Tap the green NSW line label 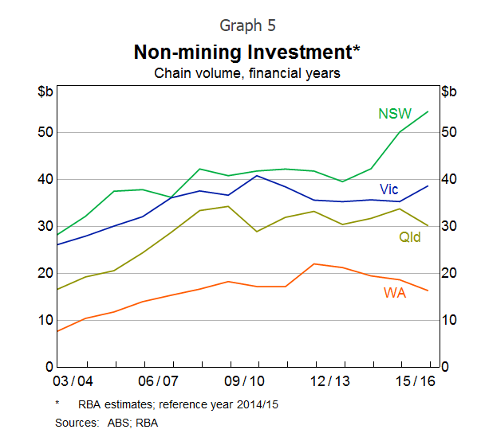394,114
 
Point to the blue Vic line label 388,189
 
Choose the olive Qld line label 411,236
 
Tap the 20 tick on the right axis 450,273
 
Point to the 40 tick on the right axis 450,179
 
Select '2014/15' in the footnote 253,404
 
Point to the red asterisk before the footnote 57,404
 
